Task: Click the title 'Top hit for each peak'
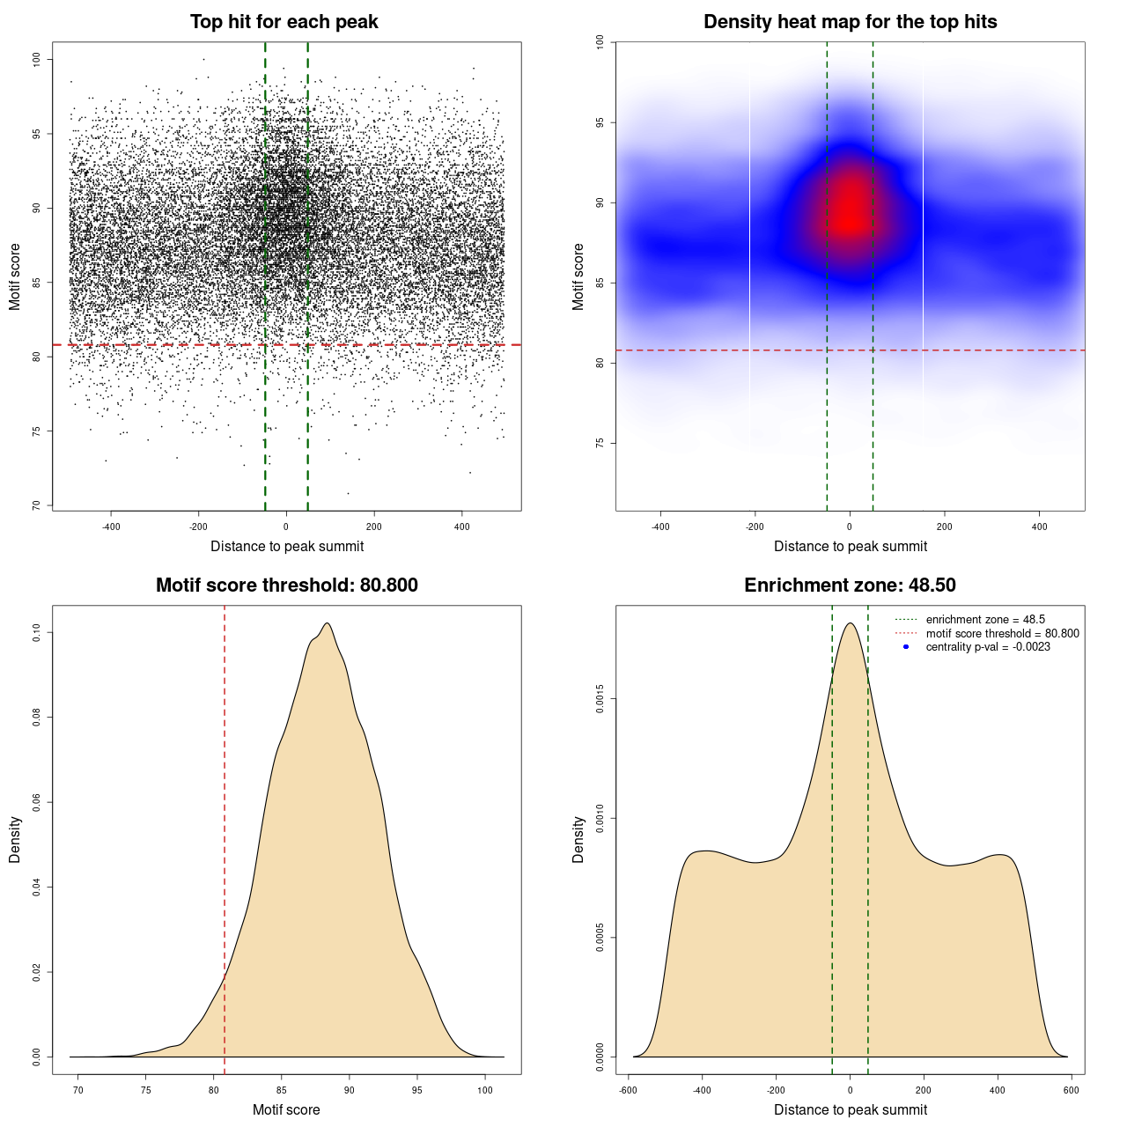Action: [x=284, y=22]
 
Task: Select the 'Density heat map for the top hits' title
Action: [x=850, y=22]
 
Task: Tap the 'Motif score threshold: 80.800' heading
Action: [x=286, y=586]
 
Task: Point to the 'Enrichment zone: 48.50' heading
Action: [x=850, y=586]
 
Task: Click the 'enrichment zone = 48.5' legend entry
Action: [x=985, y=620]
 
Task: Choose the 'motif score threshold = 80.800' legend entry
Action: [x=1002, y=633]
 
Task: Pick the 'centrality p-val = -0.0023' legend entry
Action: [x=988, y=647]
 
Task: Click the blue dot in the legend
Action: [x=905, y=647]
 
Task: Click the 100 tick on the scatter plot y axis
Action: [x=36, y=59]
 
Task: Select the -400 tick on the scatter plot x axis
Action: [x=111, y=527]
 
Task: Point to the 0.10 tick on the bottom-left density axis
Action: [x=36, y=632]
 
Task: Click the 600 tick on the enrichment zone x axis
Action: [x=1071, y=1090]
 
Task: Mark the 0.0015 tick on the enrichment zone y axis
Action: [x=600, y=699]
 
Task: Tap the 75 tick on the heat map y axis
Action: [x=600, y=443]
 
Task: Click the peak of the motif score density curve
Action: [x=328, y=623]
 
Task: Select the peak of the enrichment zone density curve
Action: [x=850, y=623]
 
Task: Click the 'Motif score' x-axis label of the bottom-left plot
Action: [x=286, y=1109]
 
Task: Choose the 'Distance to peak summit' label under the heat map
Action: [x=850, y=546]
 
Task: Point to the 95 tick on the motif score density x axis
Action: [x=417, y=1090]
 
